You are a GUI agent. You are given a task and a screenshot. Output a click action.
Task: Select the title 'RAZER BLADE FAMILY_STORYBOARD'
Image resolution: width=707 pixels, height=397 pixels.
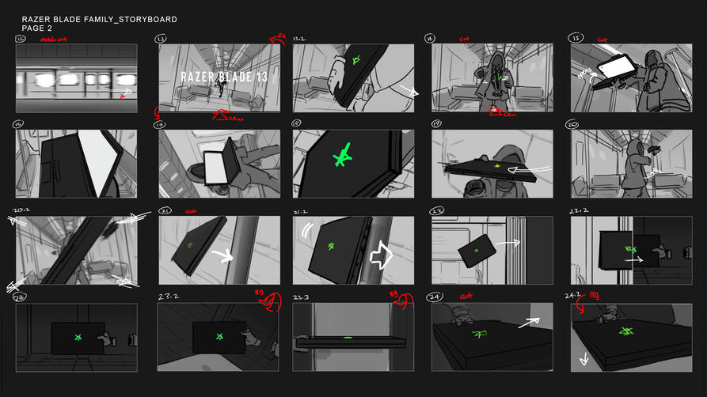(99, 19)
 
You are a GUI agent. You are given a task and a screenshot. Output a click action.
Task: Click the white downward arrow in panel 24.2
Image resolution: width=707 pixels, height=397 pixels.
(584, 357)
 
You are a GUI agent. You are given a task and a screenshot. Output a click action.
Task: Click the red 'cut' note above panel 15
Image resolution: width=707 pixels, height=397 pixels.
(603, 38)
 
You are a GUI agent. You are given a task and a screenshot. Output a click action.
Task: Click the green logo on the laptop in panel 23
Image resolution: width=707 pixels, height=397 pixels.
(78, 338)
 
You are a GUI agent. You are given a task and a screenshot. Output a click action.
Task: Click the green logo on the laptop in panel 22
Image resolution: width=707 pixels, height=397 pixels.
(477, 251)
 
